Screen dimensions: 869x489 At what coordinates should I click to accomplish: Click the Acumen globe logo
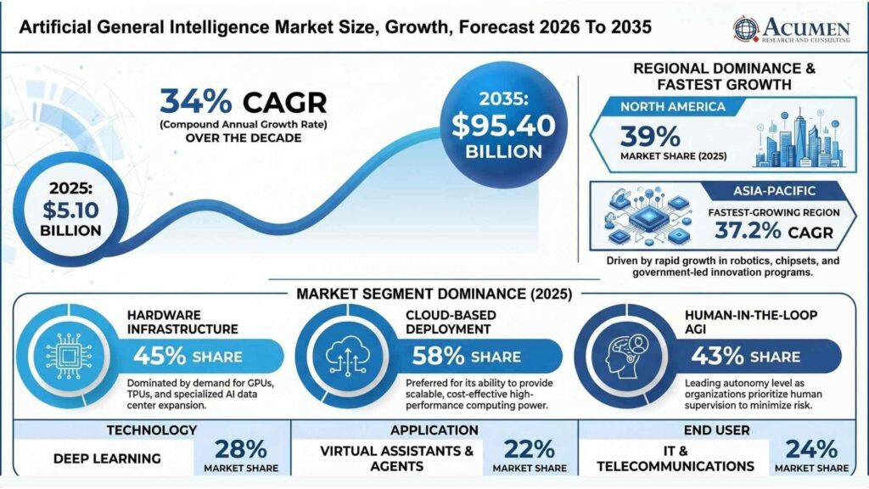pyautogui.click(x=745, y=29)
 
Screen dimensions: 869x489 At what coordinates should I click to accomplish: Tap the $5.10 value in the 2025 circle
pyautogui.click(x=71, y=211)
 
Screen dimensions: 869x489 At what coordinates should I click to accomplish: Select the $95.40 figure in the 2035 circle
pyautogui.click(x=503, y=126)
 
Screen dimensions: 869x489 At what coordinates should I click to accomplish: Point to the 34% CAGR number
pyautogui.click(x=196, y=102)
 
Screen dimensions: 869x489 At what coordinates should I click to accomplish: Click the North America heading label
pyautogui.click(x=672, y=106)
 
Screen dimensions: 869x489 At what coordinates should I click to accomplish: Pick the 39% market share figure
pyautogui.click(x=649, y=137)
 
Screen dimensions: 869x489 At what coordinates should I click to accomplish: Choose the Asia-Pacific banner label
pyautogui.click(x=774, y=191)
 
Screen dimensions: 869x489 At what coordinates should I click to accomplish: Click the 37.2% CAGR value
pyautogui.click(x=748, y=230)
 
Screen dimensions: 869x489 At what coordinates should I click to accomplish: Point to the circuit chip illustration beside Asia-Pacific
pyautogui.click(x=648, y=216)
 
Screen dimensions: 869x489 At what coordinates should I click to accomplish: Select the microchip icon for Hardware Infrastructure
pyautogui.click(x=68, y=357)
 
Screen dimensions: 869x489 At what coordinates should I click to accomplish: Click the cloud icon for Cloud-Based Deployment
pyautogui.click(x=347, y=356)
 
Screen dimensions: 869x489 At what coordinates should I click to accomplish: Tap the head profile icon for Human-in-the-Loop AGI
pyautogui.click(x=626, y=356)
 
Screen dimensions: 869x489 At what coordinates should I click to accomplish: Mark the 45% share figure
pyautogui.click(x=160, y=356)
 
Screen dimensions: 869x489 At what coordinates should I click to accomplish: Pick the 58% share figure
pyautogui.click(x=438, y=356)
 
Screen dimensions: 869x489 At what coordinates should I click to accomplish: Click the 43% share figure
pyautogui.click(x=717, y=356)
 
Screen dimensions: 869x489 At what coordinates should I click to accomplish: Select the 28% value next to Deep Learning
pyautogui.click(x=240, y=449)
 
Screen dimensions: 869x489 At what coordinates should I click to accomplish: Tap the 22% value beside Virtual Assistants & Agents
pyautogui.click(x=530, y=449)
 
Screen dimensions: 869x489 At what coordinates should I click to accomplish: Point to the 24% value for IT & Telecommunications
pyautogui.click(x=811, y=449)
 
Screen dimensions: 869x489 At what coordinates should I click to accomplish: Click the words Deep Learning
pyautogui.click(x=107, y=458)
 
